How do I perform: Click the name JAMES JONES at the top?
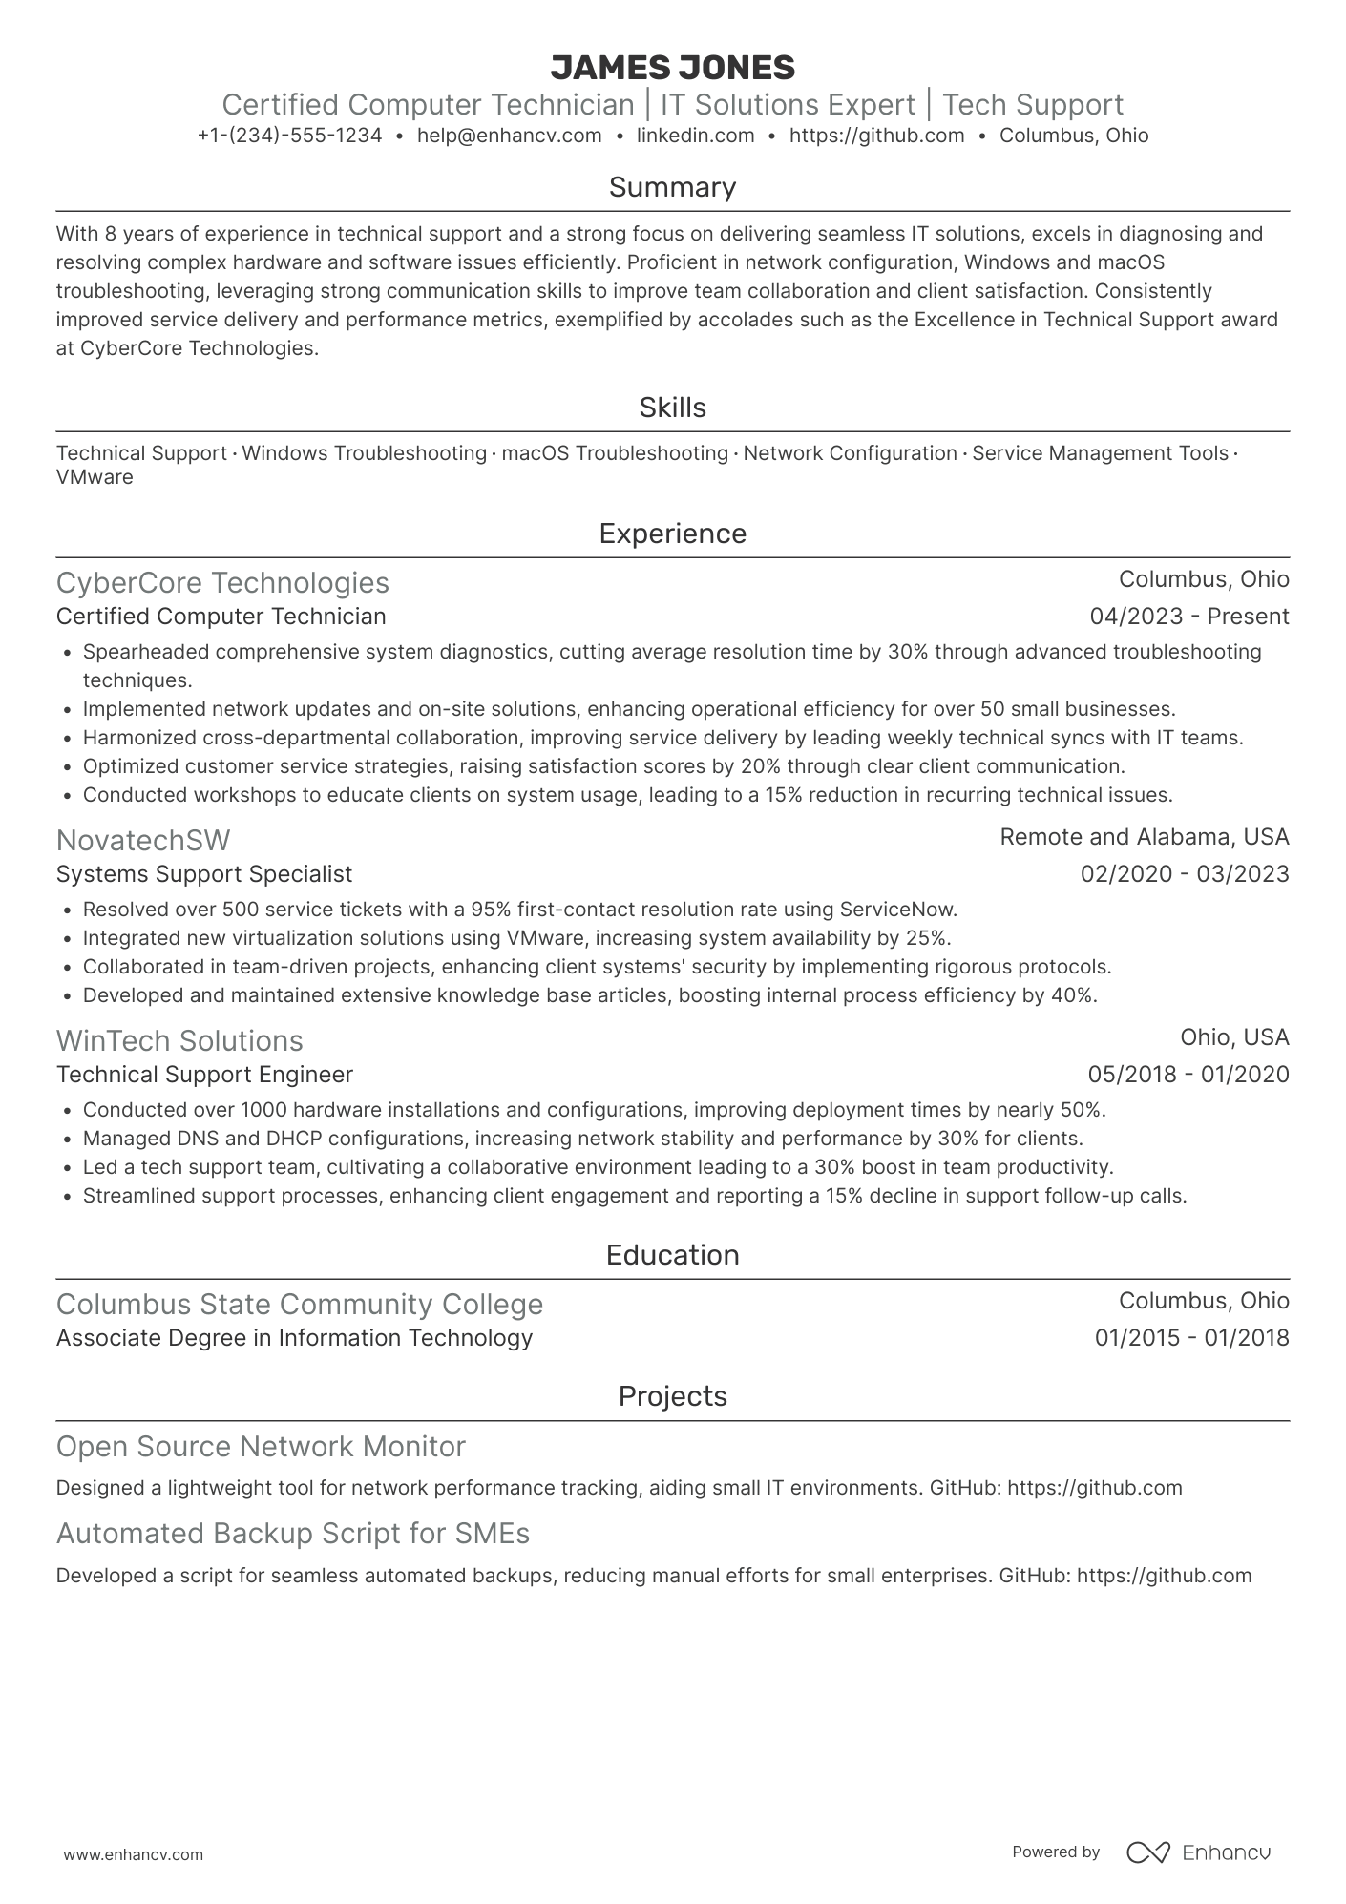pyautogui.click(x=672, y=68)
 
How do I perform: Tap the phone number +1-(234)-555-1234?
pyautogui.click(x=289, y=136)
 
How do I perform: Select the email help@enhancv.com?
pyautogui.click(x=509, y=136)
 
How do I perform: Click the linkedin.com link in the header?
pyautogui.click(x=695, y=136)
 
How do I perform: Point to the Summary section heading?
pyautogui.click(x=672, y=187)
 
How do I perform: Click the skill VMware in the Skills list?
pyautogui.click(x=95, y=477)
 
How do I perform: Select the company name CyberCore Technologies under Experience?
pyautogui.click(x=222, y=582)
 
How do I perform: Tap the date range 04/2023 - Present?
pyautogui.click(x=1188, y=617)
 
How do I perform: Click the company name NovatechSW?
pyautogui.click(x=143, y=840)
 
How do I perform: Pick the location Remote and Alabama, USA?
pyautogui.click(x=1144, y=837)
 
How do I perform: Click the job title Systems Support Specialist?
pyautogui.click(x=204, y=874)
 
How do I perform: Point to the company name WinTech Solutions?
pyautogui.click(x=179, y=1040)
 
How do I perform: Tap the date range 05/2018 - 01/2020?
pyautogui.click(x=1188, y=1075)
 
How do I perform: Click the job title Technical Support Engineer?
pyautogui.click(x=204, y=1075)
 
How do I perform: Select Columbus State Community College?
pyautogui.click(x=299, y=1304)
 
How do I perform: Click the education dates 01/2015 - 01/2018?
pyautogui.click(x=1191, y=1338)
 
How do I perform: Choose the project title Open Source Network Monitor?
pyautogui.click(x=261, y=1447)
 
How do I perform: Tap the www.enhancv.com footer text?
pyautogui.click(x=133, y=1854)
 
